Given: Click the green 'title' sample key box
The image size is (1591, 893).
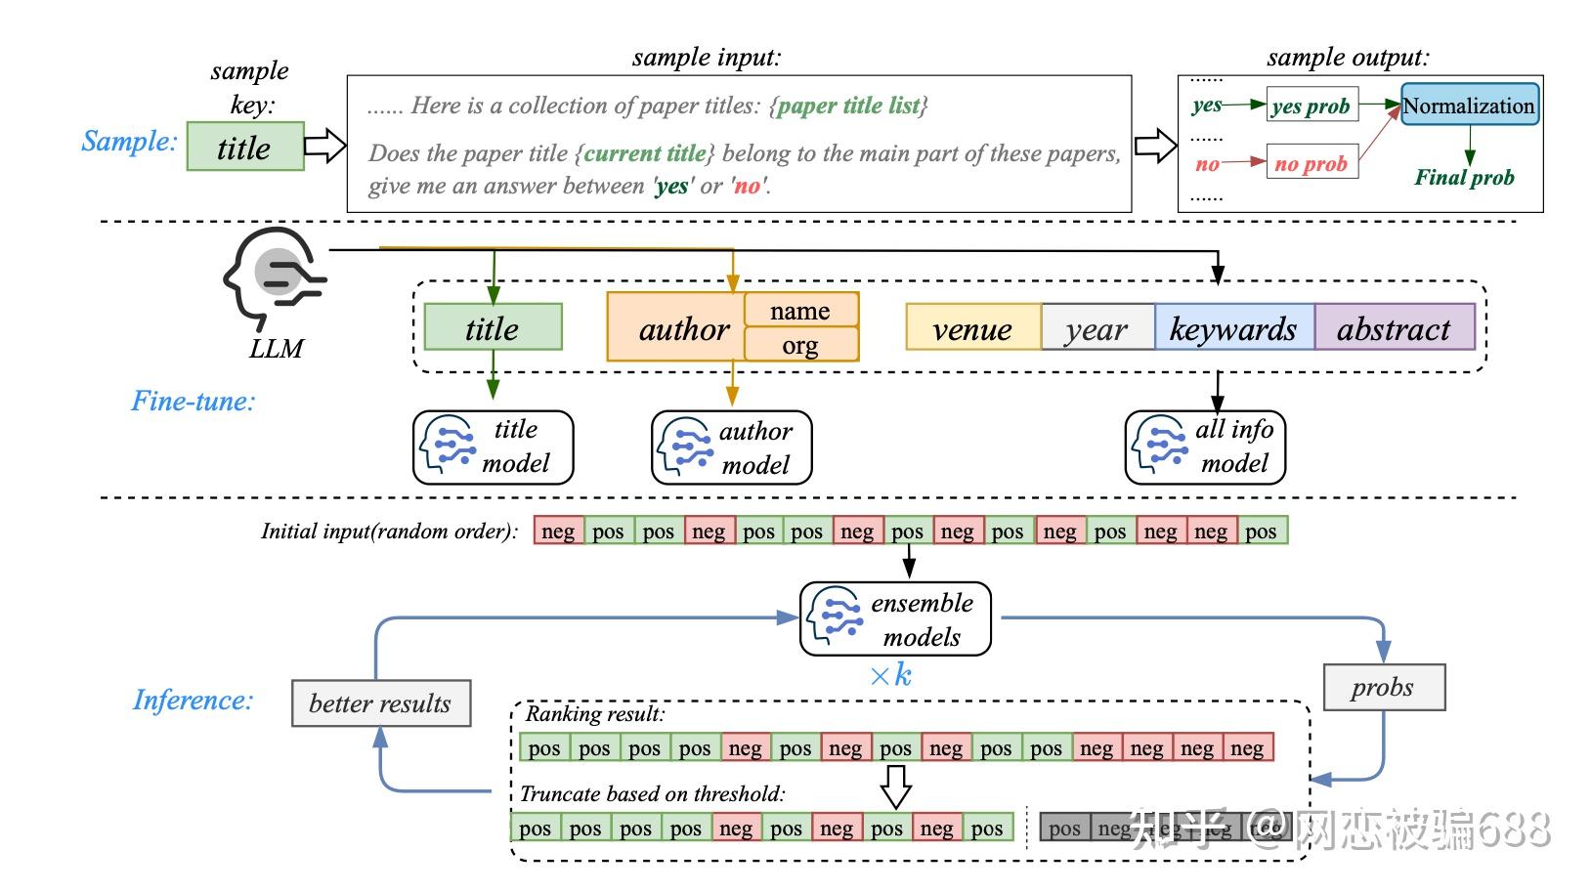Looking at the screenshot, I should [244, 147].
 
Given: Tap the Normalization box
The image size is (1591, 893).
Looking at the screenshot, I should [1469, 106].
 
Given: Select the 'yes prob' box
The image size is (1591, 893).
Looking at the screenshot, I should [1311, 106].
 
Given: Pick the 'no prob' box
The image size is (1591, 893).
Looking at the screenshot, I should [1311, 163].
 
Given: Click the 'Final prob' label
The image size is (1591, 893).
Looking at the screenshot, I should [1464, 177].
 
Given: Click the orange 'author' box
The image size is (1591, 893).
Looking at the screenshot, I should [684, 329].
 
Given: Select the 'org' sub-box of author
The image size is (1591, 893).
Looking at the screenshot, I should [800, 345].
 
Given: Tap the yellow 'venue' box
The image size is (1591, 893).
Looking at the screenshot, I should [972, 329].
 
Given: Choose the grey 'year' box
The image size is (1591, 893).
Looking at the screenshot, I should [1096, 329].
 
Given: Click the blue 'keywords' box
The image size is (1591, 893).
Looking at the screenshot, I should [1233, 329].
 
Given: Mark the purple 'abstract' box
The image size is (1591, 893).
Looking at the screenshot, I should [1394, 329].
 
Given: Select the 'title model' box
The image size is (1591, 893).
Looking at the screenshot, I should [493, 447].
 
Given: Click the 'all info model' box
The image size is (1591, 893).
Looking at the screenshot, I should [1204, 447].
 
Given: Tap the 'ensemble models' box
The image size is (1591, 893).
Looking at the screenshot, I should [895, 618].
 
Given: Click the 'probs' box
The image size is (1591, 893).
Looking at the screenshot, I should [1383, 688].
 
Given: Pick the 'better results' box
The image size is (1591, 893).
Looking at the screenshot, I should [381, 703].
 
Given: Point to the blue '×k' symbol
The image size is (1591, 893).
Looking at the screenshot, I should [890, 675].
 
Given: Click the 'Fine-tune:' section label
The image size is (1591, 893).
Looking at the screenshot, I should [193, 401].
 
